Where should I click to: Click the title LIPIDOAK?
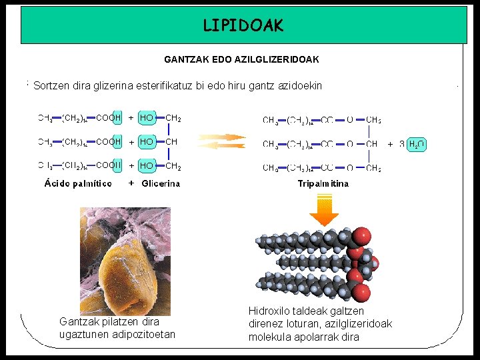pyautogui.click(x=243, y=26)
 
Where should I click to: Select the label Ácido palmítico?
pyautogui.click(x=78, y=183)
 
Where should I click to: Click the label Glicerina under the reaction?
pyautogui.click(x=161, y=183)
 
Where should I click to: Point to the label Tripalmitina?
pyautogui.click(x=323, y=183)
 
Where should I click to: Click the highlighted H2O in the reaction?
pyautogui.click(x=417, y=144)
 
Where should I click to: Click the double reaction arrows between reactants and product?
pyautogui.click(x=222, y=142)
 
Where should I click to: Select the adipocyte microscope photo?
pyautogui.click(x=125, y=261)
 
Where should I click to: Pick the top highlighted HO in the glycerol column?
pyautogui.click(x=147, y=118)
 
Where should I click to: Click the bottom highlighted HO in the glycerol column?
pyautogui.click(x=147, y=165)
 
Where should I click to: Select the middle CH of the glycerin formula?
pyautogui.click(x=171, y=141)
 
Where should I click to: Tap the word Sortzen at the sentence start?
pyautogui.click(x=52, y=86)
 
